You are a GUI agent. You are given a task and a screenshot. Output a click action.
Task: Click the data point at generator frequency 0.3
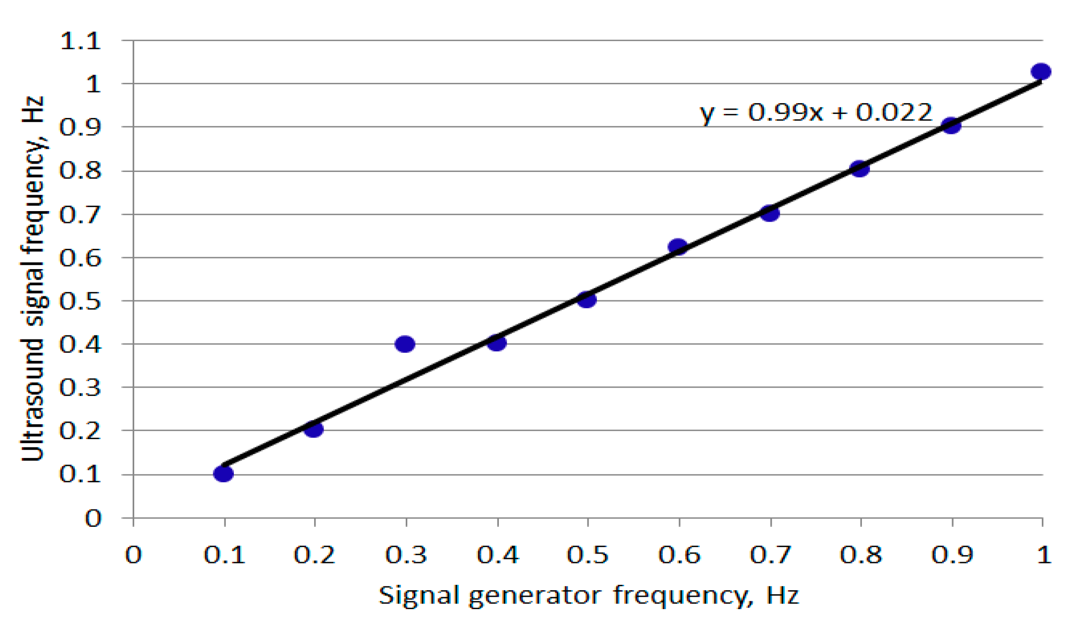(405, 343)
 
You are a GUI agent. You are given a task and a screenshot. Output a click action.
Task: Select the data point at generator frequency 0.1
(223, 474)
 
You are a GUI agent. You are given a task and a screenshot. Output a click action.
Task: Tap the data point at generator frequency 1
(1041, 71)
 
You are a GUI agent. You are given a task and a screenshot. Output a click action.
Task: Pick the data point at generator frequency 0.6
(678, 246)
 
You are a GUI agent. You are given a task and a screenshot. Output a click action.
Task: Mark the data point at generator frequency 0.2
(314, 429)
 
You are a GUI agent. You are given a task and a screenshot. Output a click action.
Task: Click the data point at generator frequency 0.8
(859, 169)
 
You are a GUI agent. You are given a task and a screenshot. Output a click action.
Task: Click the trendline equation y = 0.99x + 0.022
(815, 113)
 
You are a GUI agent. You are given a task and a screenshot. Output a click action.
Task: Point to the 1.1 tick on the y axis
(80, 41)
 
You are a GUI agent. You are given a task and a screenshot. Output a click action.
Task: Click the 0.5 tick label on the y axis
(80, 301)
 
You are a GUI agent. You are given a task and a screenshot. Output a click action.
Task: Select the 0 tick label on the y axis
(93, 518)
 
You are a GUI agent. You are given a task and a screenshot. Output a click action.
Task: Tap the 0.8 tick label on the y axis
(80, 170)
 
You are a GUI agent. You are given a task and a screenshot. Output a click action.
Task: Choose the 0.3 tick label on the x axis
(406, 555)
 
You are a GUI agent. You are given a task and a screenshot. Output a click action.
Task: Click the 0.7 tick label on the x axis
(770, 555)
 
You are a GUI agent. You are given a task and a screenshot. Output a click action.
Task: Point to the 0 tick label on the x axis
(133, 555)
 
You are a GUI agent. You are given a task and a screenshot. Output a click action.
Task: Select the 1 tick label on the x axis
(1044, 555)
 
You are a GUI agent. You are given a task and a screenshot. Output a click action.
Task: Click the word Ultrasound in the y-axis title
(33, 399)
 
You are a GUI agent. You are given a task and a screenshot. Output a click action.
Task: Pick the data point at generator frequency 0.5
(587, 299)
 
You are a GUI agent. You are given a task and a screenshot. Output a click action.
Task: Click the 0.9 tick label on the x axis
(952, 555)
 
